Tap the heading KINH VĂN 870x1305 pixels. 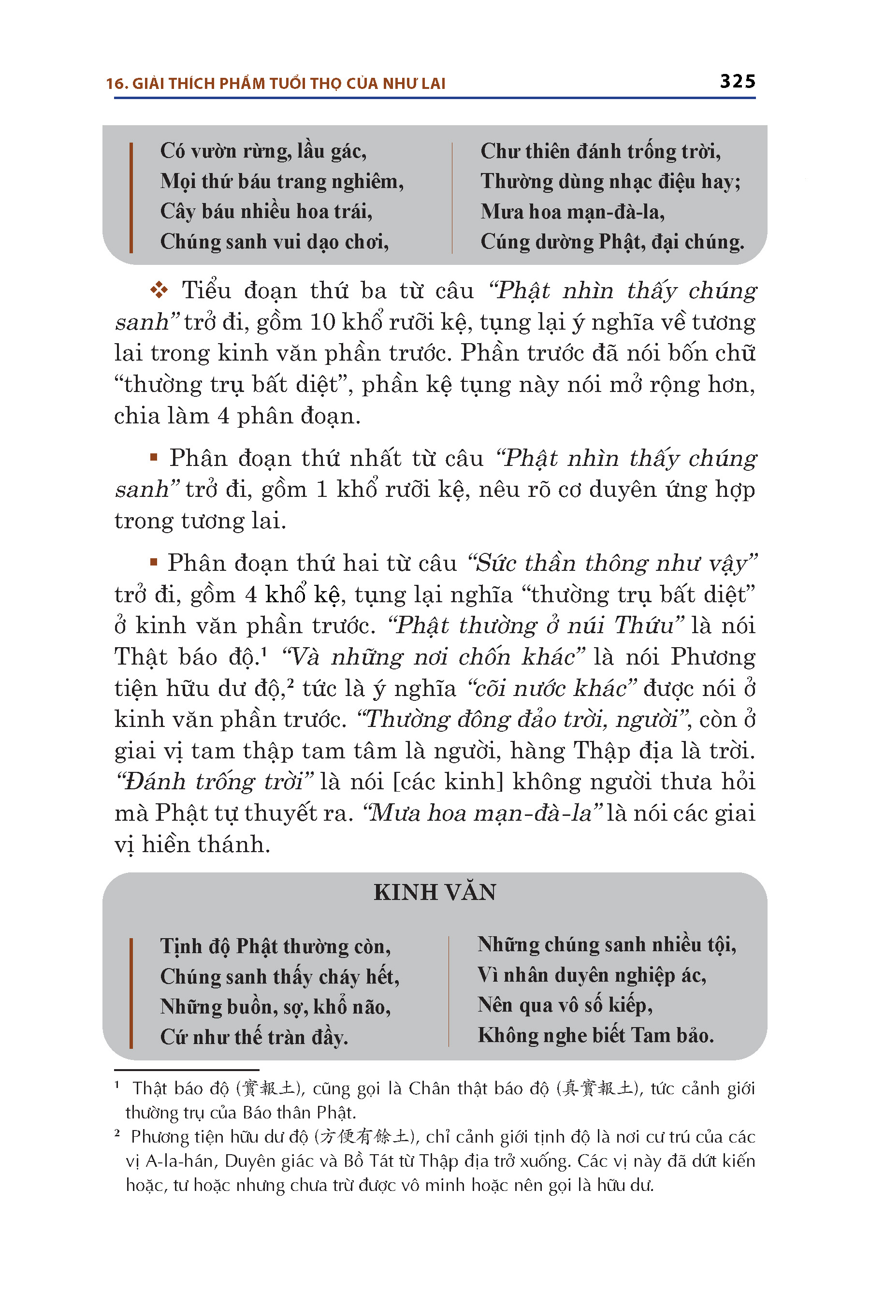[435, 893]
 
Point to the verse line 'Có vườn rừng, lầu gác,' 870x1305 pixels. [263, 151]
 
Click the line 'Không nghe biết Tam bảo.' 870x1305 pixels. [595, 1035]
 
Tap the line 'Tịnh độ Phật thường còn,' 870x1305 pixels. [275, 946]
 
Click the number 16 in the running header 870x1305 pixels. [116, 84]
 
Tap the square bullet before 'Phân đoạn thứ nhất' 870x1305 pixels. [154, 458]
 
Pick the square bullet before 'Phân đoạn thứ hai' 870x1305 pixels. [154, 563]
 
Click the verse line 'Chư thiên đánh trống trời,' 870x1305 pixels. [600, 151]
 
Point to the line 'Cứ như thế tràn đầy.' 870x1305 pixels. [254, 1036]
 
